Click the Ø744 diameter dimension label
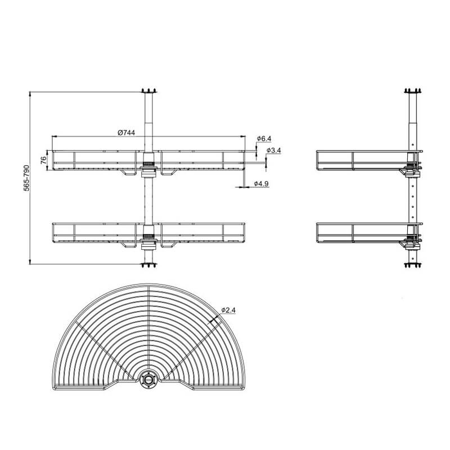[126, 132]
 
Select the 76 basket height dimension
[43, 160]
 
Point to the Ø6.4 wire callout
[264, 138]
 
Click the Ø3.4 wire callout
[273, 151]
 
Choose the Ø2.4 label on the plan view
[228, 310]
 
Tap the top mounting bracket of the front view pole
[148, 92]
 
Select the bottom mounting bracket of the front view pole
[148, 264]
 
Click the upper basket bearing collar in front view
[148, 165]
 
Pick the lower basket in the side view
[360, 232]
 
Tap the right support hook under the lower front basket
[168, 245]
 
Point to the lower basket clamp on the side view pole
[412, 241]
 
